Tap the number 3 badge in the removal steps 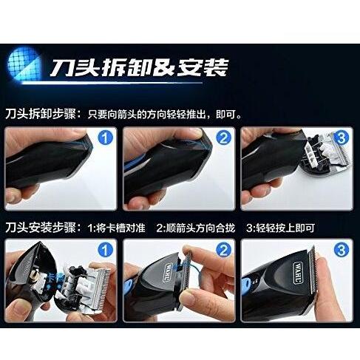tap(341, 138)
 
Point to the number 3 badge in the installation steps tap(341, 251)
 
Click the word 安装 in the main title tap(203, 69)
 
